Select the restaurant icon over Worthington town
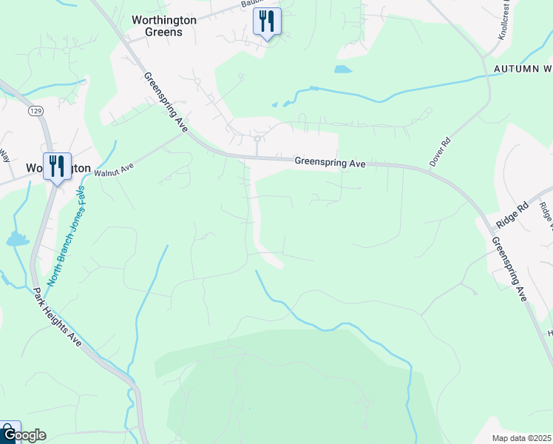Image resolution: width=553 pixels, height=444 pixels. click(x=56, y=166)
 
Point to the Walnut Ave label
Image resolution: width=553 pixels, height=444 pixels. click(x=113, y=169)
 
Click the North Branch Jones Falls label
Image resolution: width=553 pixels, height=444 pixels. click(x=67, y=236)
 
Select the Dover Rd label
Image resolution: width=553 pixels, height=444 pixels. click(x=440, y=151)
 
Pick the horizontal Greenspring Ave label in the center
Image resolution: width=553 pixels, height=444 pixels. click(x=330, y=162)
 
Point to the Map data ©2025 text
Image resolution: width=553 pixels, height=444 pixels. click(x=522, y=438)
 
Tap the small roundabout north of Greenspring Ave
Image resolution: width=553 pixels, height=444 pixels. click(x=257, y=138)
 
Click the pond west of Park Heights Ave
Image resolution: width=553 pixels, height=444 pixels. click(x=16, y=238)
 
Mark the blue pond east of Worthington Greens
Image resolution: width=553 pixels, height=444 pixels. click(x=342, y=70)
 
